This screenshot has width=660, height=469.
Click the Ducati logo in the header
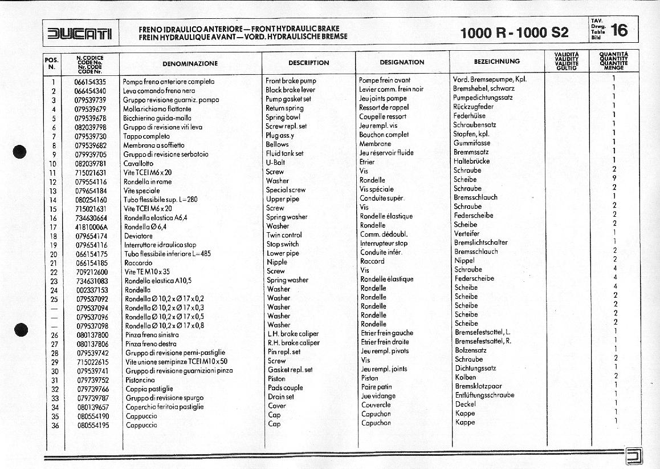(x=80, y=34)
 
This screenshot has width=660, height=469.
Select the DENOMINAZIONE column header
(x=190, y=63)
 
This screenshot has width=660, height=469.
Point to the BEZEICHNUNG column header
(x=496, y=61)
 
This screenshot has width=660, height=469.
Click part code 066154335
(x=91, y=82)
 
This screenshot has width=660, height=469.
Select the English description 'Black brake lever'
(x=290, y=90)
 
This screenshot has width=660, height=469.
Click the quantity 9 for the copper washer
(x=614, y=178)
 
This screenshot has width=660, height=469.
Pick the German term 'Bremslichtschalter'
(x=480, y=242)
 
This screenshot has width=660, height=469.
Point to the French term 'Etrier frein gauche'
(x=387, y=333)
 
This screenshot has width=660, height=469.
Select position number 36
(x=55, y=426)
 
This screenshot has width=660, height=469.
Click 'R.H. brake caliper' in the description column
(x=294, y=343)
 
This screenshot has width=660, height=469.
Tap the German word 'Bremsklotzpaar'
(x=478, y=386)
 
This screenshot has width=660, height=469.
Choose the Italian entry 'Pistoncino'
(x=140, y=380)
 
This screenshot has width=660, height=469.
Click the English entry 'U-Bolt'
(x=275, y=163)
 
